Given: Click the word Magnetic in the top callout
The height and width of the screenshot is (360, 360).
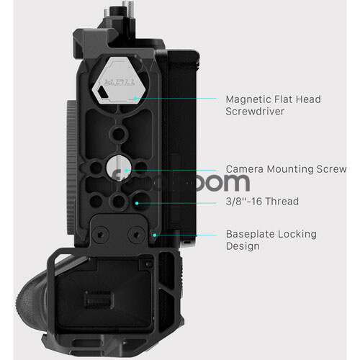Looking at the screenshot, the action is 248,99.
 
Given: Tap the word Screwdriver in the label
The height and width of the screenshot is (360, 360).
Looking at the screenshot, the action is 255,112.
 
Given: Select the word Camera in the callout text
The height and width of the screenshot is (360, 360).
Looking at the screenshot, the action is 245,169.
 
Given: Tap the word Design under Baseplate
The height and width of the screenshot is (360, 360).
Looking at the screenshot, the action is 243,246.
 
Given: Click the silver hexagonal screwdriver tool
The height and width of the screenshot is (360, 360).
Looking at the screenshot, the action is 116,81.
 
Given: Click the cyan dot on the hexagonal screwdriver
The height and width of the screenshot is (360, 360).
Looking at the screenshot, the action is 135,98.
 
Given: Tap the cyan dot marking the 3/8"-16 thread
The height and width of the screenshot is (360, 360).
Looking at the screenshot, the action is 137,203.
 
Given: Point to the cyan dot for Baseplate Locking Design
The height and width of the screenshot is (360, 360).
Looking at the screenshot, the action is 155,235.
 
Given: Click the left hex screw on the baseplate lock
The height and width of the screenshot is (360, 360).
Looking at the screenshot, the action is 100,234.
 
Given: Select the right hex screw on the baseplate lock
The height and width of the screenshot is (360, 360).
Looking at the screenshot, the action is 136,234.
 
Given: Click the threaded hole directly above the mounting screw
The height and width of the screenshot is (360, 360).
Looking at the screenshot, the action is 118,133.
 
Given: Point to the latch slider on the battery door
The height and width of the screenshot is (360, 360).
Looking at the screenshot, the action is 99,301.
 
